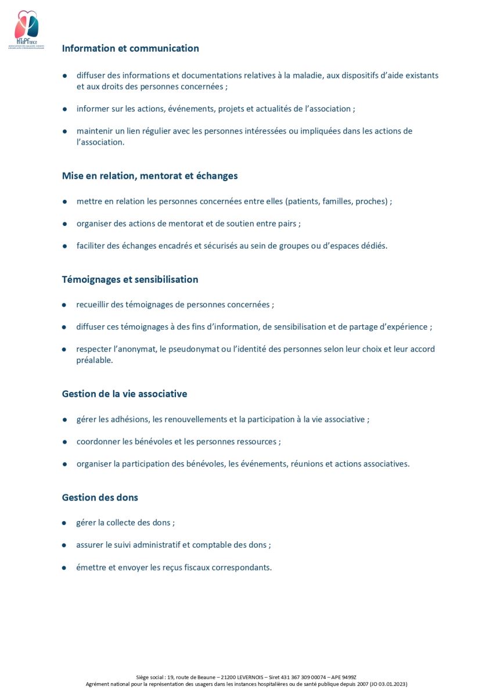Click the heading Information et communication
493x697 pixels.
tap(130, 48)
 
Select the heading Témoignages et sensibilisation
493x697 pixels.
tap(130, 279)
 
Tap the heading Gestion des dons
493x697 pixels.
tap(100, 498)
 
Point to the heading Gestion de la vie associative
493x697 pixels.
tap(124, 394)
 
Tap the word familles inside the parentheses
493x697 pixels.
tap(336, 201)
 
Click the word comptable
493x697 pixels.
tap(211, 545)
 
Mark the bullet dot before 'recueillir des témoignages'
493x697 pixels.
tap(65, 305)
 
